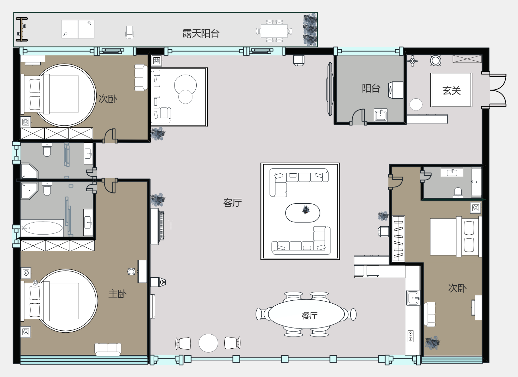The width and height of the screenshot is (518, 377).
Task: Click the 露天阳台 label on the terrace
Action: [201, 34]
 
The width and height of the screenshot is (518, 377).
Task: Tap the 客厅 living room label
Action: [232, 203]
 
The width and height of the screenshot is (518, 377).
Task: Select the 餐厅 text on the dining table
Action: [309, 315]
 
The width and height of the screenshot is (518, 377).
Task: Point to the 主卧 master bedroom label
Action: [118, 294]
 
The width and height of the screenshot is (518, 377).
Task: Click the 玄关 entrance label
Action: [452, 91]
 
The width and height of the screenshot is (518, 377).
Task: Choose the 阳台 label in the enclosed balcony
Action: [371, 88]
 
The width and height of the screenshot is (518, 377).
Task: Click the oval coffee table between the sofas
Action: [302, 213]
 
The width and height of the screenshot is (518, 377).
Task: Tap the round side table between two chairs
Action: [208, 343]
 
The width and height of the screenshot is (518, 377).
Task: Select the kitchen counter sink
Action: [413, 298]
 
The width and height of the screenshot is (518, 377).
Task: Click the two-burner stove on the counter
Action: [411, 336]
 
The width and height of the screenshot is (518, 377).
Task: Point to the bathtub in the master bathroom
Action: [42, 228]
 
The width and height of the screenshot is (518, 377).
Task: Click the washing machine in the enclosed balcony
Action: [396, 90]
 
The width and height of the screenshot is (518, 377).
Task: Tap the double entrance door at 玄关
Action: [497, 90]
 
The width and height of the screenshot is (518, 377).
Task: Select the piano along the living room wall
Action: [158, 226]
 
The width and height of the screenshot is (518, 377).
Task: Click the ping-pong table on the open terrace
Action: [78, 29]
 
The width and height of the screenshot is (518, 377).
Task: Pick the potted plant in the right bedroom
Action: [432, 342]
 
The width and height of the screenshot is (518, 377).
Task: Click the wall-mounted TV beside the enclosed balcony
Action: [329, 89]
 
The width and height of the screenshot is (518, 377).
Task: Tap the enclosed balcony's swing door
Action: [358, 117]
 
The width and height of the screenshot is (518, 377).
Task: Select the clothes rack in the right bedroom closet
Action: [399, 239]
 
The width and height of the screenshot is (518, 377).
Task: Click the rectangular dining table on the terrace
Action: [274, 31]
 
